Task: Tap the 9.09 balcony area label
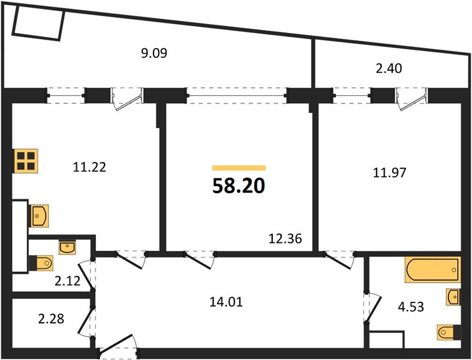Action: click(154, 53)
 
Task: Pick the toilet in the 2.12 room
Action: click(42, 262)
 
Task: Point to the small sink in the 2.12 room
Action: click(67, 245)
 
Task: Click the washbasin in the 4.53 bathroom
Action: click(453, 296)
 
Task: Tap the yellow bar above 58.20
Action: click(239, 169)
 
